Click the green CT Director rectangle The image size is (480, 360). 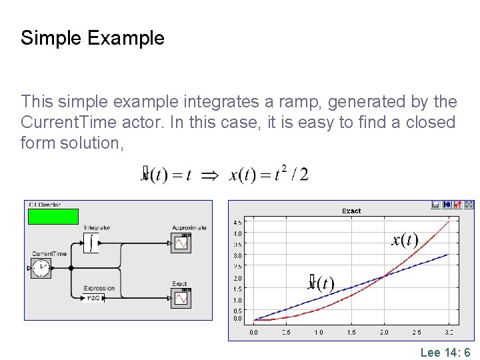coord(53,216)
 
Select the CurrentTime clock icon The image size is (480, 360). coord(41,269)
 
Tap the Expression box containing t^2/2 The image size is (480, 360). coord(94,298)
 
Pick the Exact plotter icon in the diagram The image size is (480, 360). coord(181,298)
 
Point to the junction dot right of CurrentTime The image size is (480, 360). coord(71,269)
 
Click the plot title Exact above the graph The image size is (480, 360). coord(351,211)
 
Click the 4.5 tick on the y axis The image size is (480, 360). coord(237,222)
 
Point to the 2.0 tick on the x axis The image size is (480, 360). coord(384,332)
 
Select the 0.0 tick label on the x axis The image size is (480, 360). coord(254,332)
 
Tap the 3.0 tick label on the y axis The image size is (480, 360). coord(237,255)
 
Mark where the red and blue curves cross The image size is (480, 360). coord(385,277)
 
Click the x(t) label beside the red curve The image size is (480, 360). coord(405,240)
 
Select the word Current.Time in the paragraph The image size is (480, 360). coord(65,123)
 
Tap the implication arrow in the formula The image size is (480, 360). coord(209,175)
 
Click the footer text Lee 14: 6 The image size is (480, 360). coord(445,353)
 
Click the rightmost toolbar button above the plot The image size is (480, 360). coord(469,205)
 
